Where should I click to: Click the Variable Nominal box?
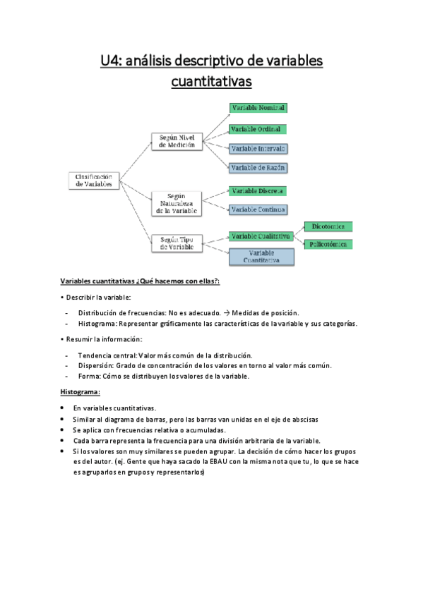coord(258,108)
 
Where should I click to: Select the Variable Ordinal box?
coord(257,130)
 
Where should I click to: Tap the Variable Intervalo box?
coord(258,149)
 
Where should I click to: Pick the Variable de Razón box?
coord(258,168)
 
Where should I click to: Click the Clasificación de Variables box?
coord(94,180)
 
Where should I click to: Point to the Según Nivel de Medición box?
coord(177,140)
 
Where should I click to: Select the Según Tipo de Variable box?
coord(177,243)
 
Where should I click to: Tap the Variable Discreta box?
coord(258,191)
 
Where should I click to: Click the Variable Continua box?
coord(258,209)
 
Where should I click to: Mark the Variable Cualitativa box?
coord(261,236)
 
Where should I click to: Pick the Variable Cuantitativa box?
coord(261,256)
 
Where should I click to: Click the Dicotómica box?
coord(328,226)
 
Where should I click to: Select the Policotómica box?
coord(328,244)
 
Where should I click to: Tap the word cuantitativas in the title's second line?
coord(211,83)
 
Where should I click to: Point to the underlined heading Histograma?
coord(81,391)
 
